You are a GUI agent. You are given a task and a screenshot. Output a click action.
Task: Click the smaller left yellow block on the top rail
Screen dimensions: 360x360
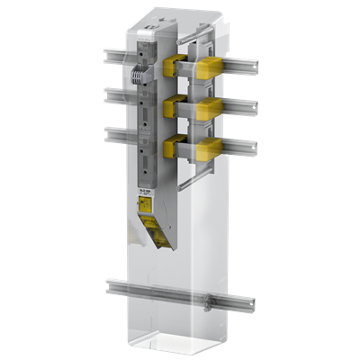tap(178, 67)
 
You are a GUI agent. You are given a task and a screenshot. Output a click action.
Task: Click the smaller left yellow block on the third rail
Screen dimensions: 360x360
tap(171, 147)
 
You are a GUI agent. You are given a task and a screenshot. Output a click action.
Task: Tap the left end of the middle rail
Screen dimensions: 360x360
tap(107, 94)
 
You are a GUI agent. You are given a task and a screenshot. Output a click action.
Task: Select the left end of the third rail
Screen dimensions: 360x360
tap(107, 134)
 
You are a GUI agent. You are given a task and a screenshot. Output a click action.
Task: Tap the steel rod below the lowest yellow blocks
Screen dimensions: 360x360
tap(184, 184)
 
